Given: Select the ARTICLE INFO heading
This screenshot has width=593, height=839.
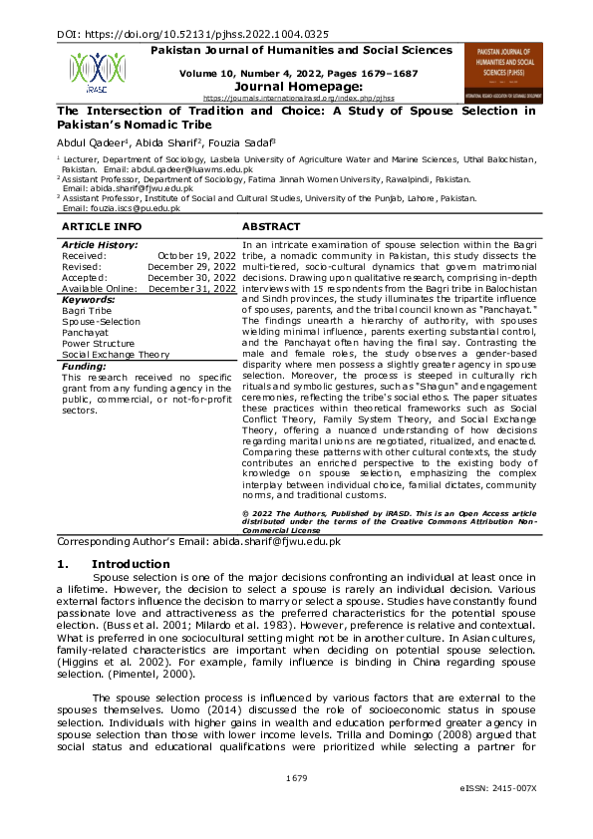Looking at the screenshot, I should point(100,227).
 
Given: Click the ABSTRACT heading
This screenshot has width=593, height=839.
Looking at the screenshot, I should point(271,227).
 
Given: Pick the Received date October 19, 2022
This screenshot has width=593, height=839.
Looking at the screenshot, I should point(200,255).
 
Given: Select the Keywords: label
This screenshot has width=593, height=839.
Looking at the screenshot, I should point(89,299).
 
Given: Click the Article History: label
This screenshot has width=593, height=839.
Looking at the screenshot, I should point(100,244).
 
